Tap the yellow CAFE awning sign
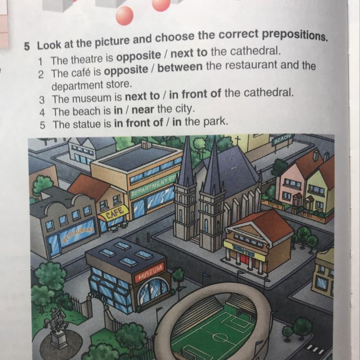pyautogui.click(x=114, y=214)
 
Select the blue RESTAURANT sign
pyautogui.click(x=78, y=232)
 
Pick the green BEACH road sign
pyautogui.click(x=282, y=138)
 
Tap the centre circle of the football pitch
pyautogui.click(x=217, y=337)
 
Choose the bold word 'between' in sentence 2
pyautogui.click(x=180, y=67)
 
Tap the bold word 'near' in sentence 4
pyautogui.click(x=143, y=110)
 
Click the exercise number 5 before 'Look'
pyautogui.click(x=27, y=47)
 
